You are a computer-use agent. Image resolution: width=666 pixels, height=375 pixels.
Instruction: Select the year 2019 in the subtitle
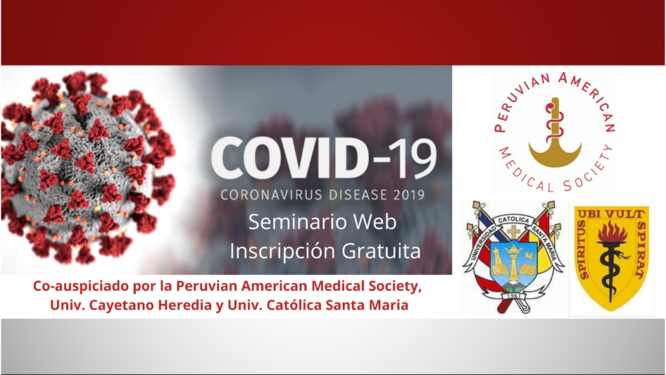[x=409, y=195]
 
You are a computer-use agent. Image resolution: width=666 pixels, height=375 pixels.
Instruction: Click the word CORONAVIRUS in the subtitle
[x=272, y=195]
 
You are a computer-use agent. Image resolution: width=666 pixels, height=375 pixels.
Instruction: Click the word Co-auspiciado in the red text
[x=81, y=286]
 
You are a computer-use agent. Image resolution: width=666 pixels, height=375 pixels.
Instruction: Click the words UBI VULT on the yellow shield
[x=611, y=214]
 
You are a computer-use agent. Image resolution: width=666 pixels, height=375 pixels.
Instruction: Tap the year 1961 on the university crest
[x=513, y=296]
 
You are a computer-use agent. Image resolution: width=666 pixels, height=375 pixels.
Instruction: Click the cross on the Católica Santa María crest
[x=513, y=232]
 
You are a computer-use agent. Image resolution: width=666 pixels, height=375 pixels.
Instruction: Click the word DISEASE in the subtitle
[x=358, y=195]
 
